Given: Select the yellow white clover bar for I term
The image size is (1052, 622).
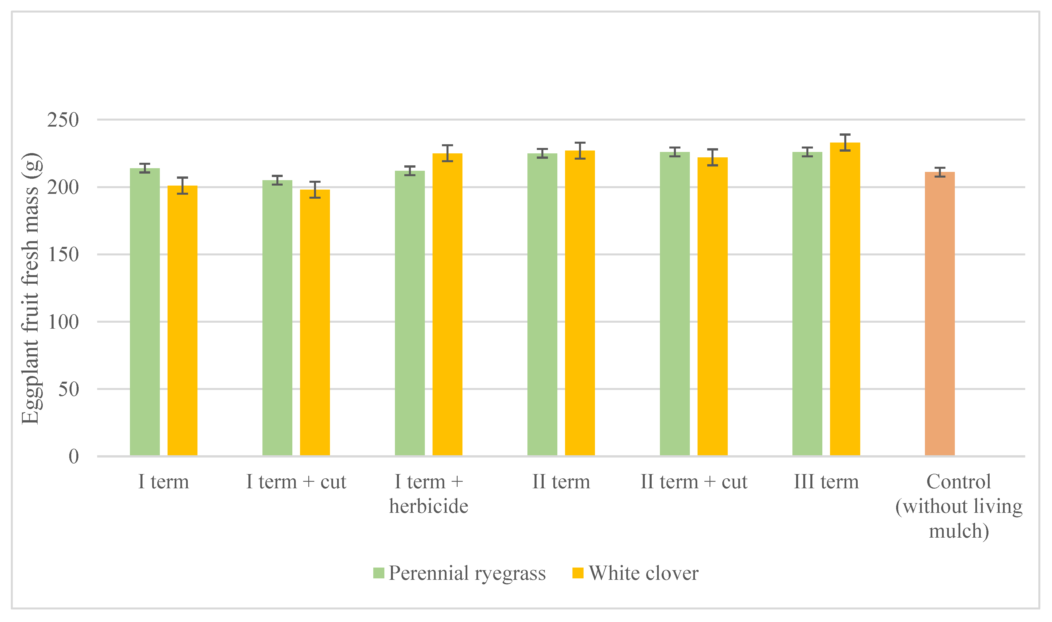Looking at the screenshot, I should [x=182, y=321].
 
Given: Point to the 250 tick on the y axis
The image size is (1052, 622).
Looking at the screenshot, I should [x=63, y=120].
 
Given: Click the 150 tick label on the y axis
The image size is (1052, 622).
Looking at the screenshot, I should [x=63, y=255].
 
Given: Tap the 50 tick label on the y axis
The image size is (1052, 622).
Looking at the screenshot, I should [x=68, y=389].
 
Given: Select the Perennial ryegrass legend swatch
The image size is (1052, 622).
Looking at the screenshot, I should [x=378, y=573].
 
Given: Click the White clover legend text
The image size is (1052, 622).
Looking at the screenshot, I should [x=643, y=573].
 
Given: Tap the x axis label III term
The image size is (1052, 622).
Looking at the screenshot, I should [x=826, y=481].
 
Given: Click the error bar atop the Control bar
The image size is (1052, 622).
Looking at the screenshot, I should [x=940, y=172].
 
